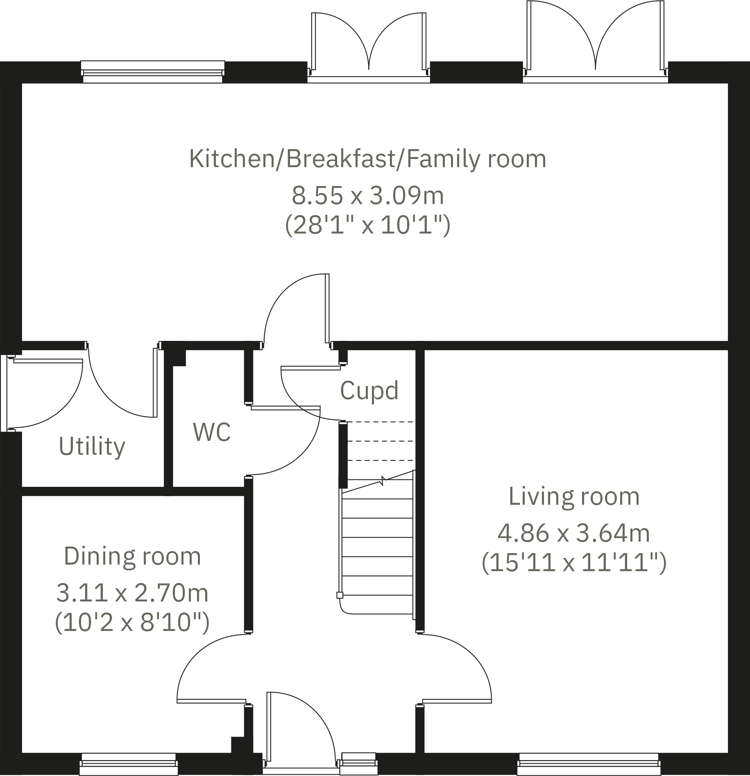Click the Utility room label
pos(92,446)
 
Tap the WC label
pos(212,431)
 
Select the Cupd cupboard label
pos(369,390)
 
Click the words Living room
pos(574,496)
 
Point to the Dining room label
pos(132,556)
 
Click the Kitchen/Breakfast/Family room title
pos(367,159)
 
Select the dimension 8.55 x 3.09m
pos(367,195)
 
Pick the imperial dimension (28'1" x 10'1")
pos(367,225)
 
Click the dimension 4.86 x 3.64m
pos(574,533)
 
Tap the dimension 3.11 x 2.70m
pos(132,593)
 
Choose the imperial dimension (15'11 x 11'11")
pos(574,563)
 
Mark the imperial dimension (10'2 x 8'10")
pos(132,623)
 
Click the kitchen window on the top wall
pos(152,72)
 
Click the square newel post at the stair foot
pos(340,595)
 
